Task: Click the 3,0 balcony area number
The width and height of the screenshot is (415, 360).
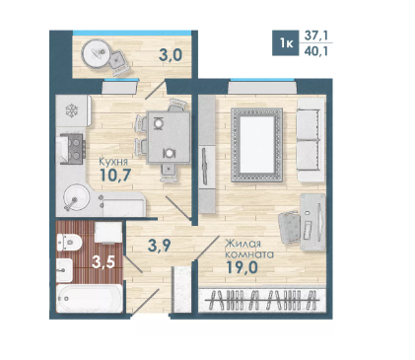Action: (x=171, y=55)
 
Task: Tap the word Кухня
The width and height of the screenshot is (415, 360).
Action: (x=113, y=162)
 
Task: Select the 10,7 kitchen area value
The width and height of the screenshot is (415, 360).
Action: (x=115, y=175)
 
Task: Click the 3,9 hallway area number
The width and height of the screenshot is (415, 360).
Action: (x=160, y=246)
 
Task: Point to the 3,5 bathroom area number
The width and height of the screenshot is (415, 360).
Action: (x=104, y=262)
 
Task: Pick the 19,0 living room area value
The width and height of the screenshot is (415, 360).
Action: (x=242, y=267)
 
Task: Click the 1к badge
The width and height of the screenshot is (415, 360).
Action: (x=286, y=42)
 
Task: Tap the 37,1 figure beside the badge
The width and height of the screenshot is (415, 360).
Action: (x=316, y=36)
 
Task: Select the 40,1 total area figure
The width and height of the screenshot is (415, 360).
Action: (x=316, y=51)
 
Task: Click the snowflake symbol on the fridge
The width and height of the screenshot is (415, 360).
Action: (x=72, y=110)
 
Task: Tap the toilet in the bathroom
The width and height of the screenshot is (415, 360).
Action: (x=69, y=243)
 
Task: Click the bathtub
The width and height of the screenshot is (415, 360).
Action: (x=90, y=298)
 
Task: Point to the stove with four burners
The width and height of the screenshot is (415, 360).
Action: (x=73, y=149)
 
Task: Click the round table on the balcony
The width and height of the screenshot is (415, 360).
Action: (x=96, y=53)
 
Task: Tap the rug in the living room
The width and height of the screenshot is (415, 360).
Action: (x=256, y=145)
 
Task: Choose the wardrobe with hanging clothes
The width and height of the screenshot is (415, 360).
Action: (x=262, y=300)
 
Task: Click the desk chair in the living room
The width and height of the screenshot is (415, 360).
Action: (x=290, y=227)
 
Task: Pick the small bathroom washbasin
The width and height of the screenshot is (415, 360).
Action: (x=64, y=270)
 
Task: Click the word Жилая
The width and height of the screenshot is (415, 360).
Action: (x=242, y=244)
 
